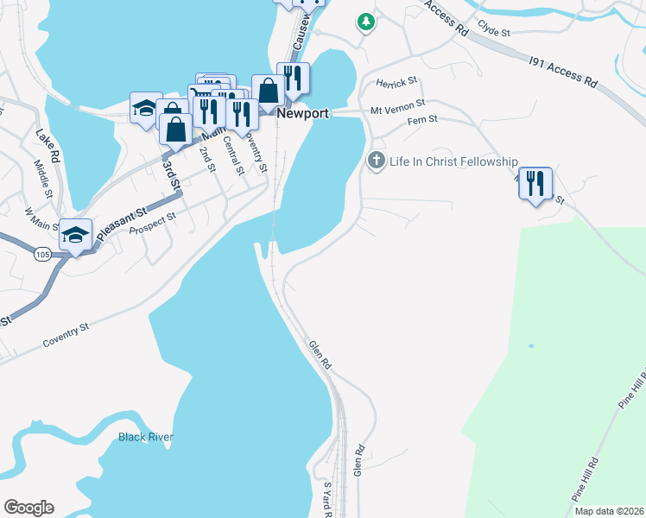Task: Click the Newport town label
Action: (302, 113)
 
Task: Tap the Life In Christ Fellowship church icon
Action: (376, 161)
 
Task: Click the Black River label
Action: (146, 437)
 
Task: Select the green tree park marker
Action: (366, 22)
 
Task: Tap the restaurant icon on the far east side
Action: (535, 183)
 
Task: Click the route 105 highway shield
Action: (42, 254)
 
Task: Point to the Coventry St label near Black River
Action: (66, 336)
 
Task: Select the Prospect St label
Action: (152, 224)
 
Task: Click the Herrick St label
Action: (396, 82)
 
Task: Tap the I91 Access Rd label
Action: (563, 71)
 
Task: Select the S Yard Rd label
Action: (328, 499)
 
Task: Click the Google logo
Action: (28, 508)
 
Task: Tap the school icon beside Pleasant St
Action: (76, 235)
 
